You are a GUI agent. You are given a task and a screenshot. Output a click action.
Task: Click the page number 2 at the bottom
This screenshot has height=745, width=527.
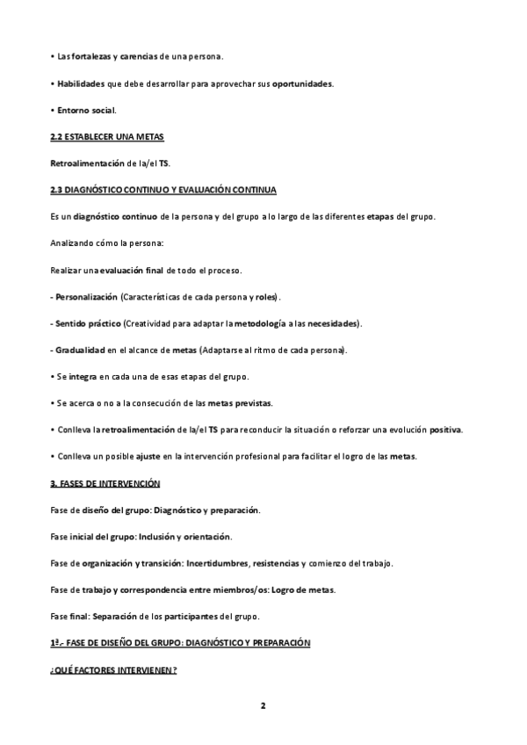coord(263,705)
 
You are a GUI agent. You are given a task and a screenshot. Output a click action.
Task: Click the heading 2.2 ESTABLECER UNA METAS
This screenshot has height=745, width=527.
coord(108,137)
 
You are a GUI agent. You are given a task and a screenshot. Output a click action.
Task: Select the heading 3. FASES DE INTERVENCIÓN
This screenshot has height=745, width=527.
coord(105,484)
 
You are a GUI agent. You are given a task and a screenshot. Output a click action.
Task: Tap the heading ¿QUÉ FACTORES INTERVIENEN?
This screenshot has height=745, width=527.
coord(114,670)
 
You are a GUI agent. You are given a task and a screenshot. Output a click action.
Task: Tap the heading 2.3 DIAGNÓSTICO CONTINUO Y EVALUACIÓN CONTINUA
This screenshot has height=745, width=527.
coord(164,191)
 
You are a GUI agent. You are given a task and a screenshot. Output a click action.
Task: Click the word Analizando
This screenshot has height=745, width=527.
coord(76,243)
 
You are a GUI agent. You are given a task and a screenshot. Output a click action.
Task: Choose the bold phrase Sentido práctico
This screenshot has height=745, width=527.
coord(90,323)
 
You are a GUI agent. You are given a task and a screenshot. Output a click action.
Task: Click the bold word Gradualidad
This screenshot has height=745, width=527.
coord(82,351)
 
